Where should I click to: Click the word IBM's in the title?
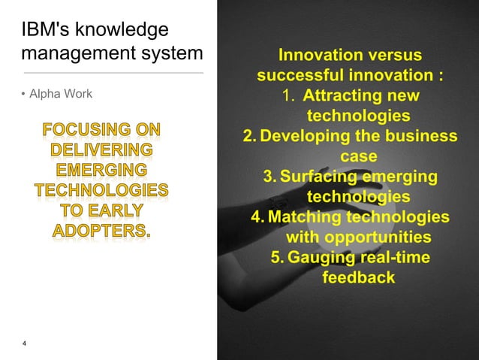click(x=43, y=32)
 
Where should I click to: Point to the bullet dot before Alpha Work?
click(x=23, y=95)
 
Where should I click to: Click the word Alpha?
click(x=45, y=94)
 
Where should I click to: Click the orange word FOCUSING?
click(x=101, y=129)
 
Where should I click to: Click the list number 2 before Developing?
click(x=249, y=137)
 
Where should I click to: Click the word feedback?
click(x=358, y=278)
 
